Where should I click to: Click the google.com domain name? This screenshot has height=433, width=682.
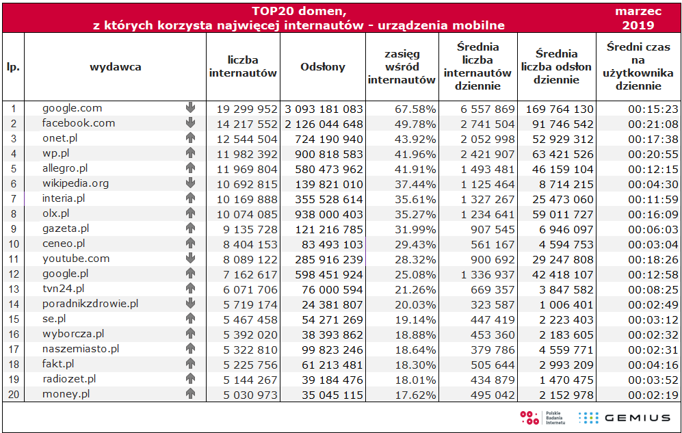coord(72,108)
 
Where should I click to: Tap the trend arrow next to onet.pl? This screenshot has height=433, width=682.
coord(190,138)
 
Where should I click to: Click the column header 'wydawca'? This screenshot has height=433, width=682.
coord(115,67)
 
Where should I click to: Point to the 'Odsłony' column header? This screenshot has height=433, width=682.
coord(323,67)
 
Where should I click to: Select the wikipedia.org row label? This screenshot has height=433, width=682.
coord(75,183)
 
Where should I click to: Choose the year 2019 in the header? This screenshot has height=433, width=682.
coord(638,25)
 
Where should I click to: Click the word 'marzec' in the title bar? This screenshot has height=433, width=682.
coord(638,12)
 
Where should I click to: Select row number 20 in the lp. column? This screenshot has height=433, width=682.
coord(13,394)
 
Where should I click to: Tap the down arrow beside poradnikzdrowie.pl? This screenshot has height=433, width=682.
coord(190,304)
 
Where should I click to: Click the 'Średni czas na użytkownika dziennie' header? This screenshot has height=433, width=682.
coord(638,67)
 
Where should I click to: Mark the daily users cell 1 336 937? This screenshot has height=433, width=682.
coord(484,274)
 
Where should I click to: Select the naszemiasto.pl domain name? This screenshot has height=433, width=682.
coord(80,349)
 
